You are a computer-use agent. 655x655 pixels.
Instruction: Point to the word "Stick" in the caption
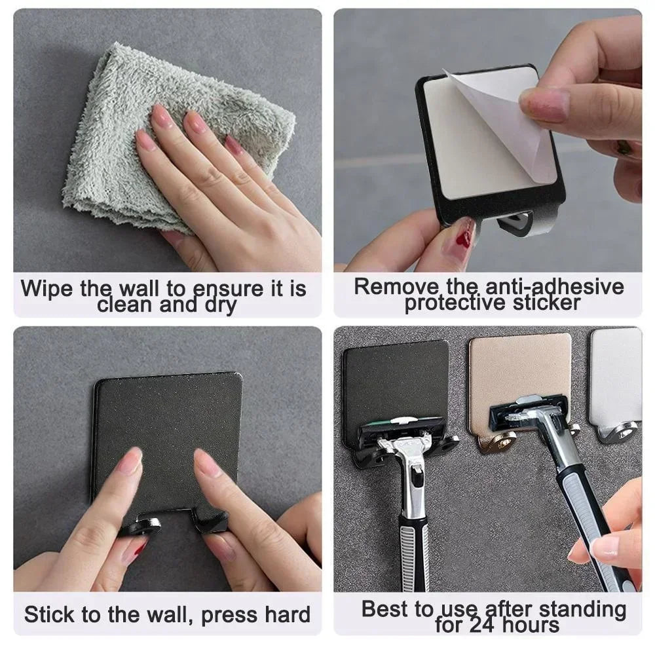pos(48,615)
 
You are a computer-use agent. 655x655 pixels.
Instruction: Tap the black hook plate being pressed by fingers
pos(167,419)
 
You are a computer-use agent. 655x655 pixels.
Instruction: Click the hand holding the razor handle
pos(612,537)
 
